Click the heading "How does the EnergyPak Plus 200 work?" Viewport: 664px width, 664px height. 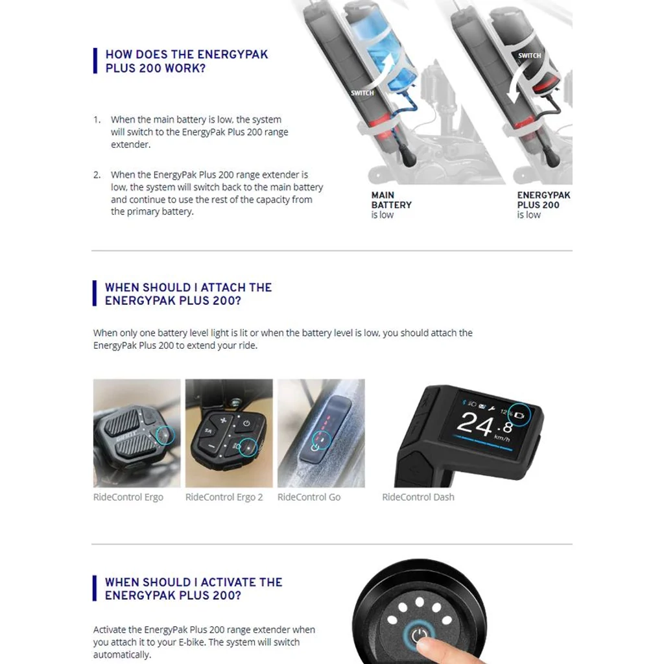pyautogui.click(x=187, y=61)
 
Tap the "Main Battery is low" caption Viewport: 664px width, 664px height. pyautogui.click(x=391, y=205)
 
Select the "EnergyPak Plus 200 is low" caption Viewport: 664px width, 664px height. pyautogui.click(x=543, y=205)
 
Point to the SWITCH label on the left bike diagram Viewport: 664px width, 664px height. pyautogui.click(x=362, y=93)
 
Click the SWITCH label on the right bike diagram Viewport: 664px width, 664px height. pyautogui.click(x=529, y=56)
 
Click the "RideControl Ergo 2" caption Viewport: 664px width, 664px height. pyautogui.click(x=224, y=497)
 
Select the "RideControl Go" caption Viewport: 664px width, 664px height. pyautogui.click(x=309, y=497)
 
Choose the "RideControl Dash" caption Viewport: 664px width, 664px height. pyautogui.click(x=418, y=497)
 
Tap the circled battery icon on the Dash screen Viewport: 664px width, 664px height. pyautogui.click(x=519, y=416)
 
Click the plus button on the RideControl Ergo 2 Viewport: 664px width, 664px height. pyautogui.click(x=223, y=420)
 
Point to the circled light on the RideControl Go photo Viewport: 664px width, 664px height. pyautogui.click(x=322, y=440)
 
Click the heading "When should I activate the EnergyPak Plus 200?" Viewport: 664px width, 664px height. pyautogui.click(x=193, y=589)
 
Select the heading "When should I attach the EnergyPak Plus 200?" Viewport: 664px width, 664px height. pyautogui.click(x=189, y=294)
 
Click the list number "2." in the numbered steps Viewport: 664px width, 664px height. pyautogui.click(x=97, y=175)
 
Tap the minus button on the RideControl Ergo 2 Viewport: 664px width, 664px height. pyautogui.click(x=211, y=446)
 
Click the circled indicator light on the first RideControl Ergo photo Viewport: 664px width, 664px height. pyautogui.click(x=165, y=435)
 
